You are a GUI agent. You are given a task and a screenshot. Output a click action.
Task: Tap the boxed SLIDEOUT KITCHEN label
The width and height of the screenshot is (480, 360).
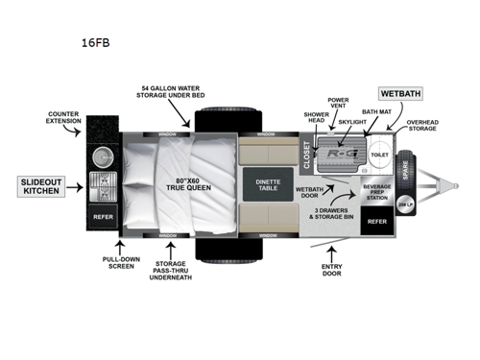[41, 186]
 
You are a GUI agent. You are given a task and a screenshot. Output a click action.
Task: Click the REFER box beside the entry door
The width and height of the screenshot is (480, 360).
[377, 220]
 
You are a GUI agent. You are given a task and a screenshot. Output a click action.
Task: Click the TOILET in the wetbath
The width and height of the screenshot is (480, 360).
[379, 154]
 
